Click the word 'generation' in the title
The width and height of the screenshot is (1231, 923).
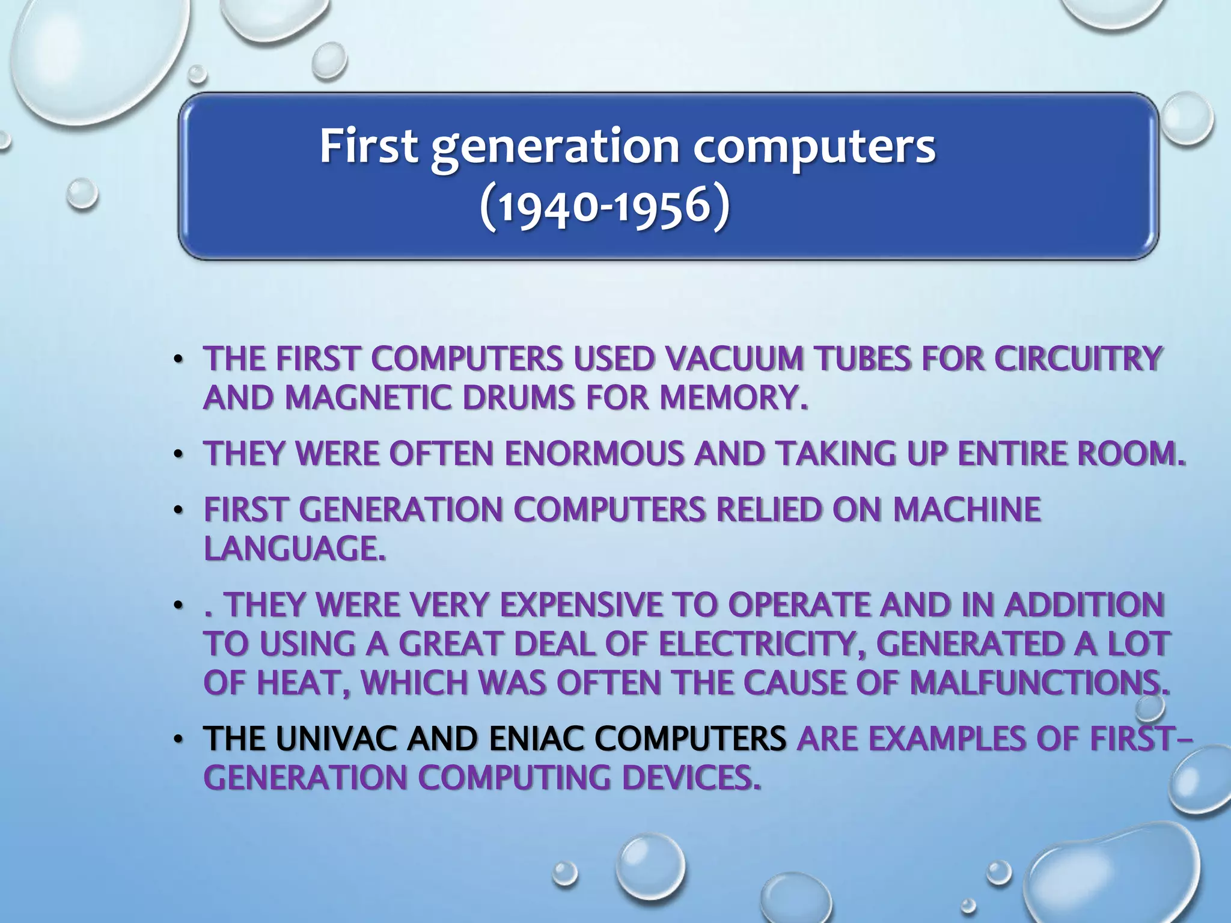pyautogui.click(x=554, y=148)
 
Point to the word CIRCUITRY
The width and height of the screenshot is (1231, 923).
pyautogui.click(x=1077, y=359)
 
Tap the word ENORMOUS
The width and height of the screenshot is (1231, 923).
pyautogui.click(x=594, y=454)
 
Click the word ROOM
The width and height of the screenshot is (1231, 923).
pyautogui.click(x=1130, y=454)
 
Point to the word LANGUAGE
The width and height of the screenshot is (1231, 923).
pyautogui.click(x=294, y=548)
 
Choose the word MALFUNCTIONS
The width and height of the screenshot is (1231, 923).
pyautogui.click(x=1040, y=682)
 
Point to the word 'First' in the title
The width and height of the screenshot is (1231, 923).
pyautogui.click(x=368, y=147)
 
